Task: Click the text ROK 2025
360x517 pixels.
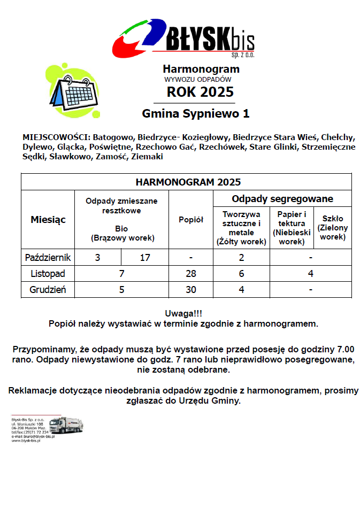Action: click(x=200, y=92)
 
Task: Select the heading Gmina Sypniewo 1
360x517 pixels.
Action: click(x=195, y=114)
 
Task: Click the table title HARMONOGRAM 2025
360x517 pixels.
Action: click(x=188, y=182)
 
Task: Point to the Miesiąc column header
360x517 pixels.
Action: click(x=48, y=220)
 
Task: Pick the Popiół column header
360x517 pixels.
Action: click(x=191, y=220)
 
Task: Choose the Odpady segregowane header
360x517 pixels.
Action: click(x=282, y=199)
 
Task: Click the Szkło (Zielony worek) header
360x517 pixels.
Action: click(x=333, y=228)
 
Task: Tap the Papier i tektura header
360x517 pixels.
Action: click(x=292, y=228)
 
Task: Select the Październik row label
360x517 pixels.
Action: click(x=48, y=258)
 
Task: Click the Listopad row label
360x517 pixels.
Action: click(x=48, y=274)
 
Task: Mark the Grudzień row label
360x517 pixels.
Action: click(x=48, y=290)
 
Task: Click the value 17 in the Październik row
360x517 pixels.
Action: click(x=145, y=258)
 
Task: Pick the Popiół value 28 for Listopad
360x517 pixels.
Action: click(x=191, y=274)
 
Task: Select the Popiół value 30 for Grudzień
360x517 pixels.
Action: click(x=191, y=290)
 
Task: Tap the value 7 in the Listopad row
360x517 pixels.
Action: click(x=122, y=274)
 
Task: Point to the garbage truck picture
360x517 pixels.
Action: click(x=66, y=426)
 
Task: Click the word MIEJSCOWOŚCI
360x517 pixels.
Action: click(x=52, y=137)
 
